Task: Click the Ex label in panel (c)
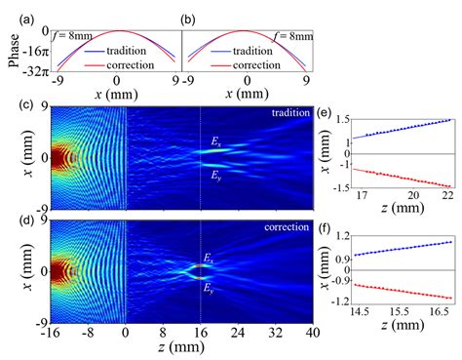click(215, 142)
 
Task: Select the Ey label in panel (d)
click(208, 288)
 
